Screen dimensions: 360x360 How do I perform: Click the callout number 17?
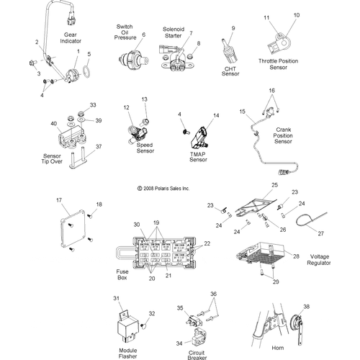(60, 201)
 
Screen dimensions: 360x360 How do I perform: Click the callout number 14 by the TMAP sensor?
(215, 115)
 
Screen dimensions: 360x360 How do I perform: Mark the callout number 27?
(321, 233)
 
